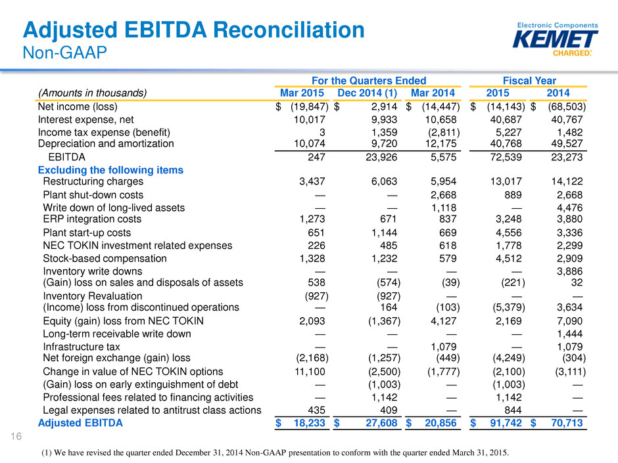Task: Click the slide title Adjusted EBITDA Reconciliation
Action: click(193, 30)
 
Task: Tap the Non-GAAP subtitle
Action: click(64, 53)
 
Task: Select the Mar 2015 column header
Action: click(302, 93)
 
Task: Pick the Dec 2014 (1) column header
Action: click(368, 93)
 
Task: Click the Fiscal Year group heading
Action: click(529, 81)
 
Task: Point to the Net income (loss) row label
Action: click(78, 106)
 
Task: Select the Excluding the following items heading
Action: click(110, 170)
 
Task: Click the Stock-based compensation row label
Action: click(105, 259)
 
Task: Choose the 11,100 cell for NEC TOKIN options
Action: click(310, 372)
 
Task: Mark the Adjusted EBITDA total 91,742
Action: click(506, 423)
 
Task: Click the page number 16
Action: click(16, 436)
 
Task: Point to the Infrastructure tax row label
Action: click(81, 347)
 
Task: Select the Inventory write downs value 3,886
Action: click(569, 271)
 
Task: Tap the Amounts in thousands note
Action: click(92, 93)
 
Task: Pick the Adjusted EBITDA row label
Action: click(80, 423)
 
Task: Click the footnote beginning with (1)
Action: click(275, 452)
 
